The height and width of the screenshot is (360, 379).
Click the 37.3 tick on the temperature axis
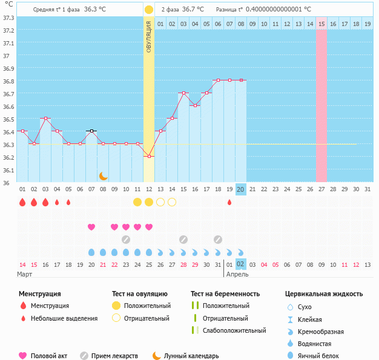pos(8,17)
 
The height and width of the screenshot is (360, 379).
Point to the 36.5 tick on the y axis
pos(8,119)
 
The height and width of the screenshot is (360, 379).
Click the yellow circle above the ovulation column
pos(149,10)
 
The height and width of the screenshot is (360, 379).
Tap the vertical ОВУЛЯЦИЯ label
pos(149,39)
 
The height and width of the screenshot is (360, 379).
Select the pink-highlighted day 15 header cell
pos(321,24)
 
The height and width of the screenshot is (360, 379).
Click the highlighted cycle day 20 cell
pos(240,189)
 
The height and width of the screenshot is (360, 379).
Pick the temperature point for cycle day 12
pos(149,156)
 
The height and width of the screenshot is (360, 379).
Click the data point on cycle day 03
pos(45,118)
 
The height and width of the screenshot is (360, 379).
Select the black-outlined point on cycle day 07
pos(91,131)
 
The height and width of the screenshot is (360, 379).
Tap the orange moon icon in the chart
pos(104,175)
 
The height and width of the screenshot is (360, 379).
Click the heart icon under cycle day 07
pos(91,227)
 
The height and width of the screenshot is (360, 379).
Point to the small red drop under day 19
pos(229,202)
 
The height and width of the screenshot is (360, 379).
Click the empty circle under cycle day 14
pos(172,201)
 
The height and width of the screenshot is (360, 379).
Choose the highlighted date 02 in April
pos(240,264)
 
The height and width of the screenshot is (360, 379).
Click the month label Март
pos(25,274)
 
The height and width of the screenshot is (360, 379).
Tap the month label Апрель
pos(237,274)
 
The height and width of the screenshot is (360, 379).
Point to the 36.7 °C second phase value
pos(193,10)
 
